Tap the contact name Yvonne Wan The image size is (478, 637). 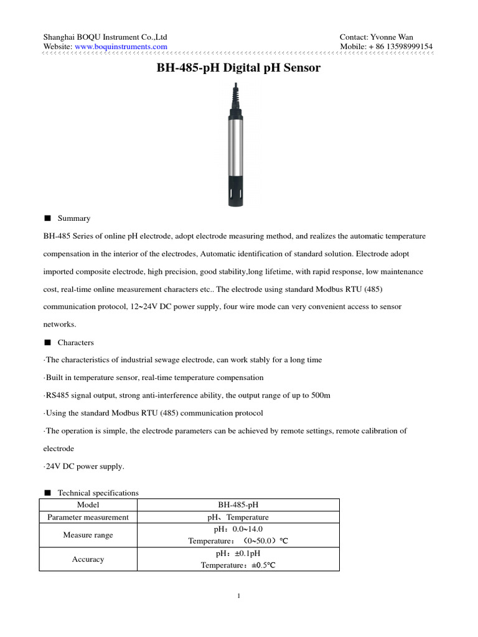coord(391,37)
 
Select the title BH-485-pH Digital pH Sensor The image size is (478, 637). coord(238,68)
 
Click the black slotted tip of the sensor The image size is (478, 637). coord(238,193)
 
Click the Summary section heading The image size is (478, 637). coord(73,218)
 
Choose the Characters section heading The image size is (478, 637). coord(75,342)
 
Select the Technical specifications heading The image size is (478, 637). coord(98,493)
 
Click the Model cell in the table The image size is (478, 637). coord(88,505)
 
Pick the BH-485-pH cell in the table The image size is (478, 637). coord(238,505)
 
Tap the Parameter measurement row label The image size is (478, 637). coord(88,517)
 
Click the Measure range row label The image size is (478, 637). coord(88,535)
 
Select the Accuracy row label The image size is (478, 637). coord(88,559)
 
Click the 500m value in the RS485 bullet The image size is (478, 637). coord(321,396)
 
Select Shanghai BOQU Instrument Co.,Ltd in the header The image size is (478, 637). coord(105,37)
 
